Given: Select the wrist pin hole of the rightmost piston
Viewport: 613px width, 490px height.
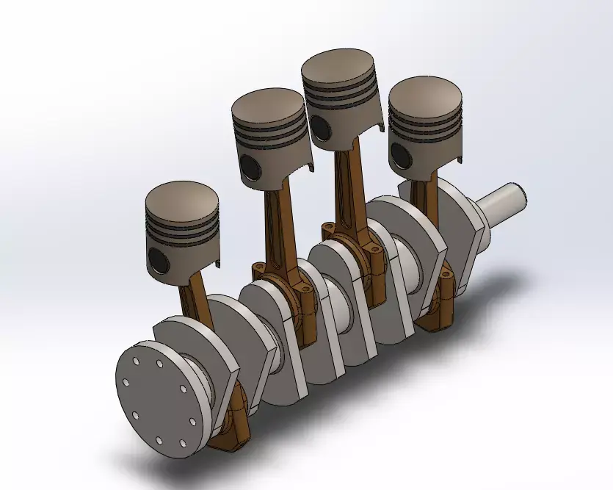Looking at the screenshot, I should tap(399, 154).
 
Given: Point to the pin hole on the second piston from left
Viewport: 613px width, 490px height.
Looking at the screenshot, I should tap(248, 166).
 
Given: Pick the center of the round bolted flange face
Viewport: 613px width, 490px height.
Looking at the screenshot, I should tap(157, 401).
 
